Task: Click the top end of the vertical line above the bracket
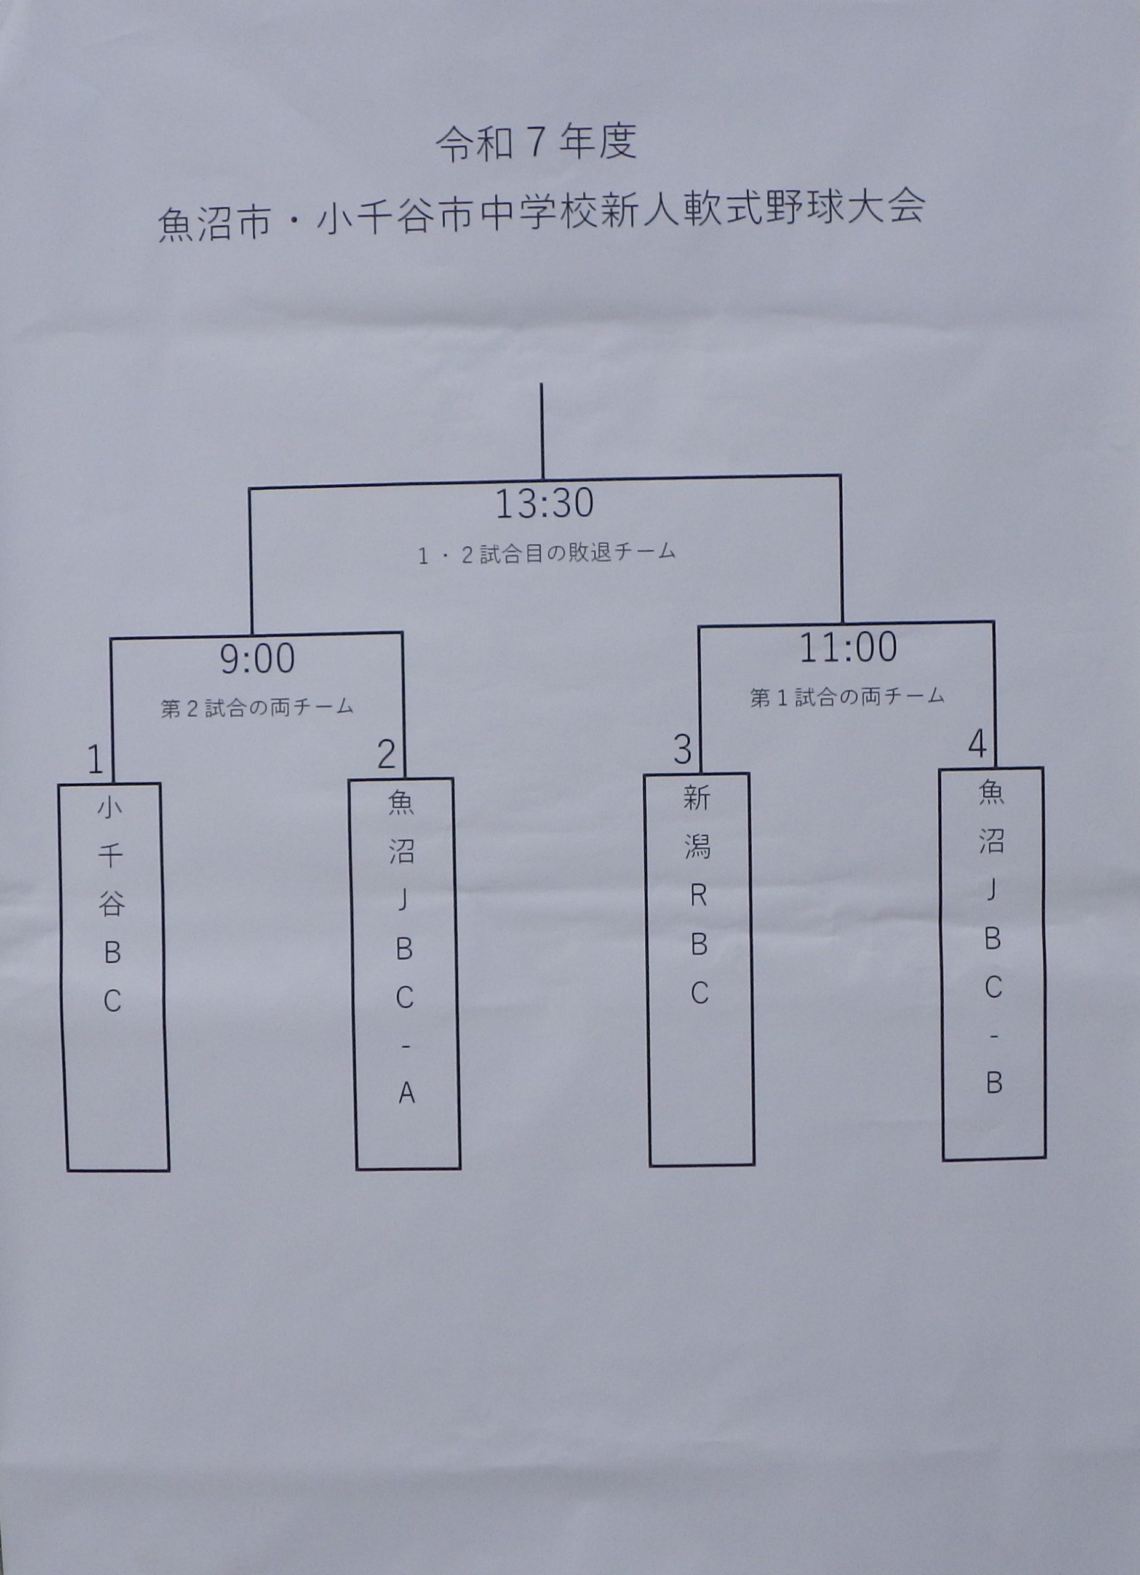[x=541, y=384]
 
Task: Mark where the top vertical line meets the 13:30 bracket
[x=542, y=479]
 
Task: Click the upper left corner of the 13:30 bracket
[x=250, y=490]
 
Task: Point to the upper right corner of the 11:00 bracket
[x=994, y=622]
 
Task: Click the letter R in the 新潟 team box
[x=698, y=896]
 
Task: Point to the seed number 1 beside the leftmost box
[x=96, y=759]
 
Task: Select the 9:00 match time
[x=258, y=658]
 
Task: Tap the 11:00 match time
[x=848, y=648]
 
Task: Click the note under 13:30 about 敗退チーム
[x=547, y=554]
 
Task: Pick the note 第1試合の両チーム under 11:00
[x=847, y=696]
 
